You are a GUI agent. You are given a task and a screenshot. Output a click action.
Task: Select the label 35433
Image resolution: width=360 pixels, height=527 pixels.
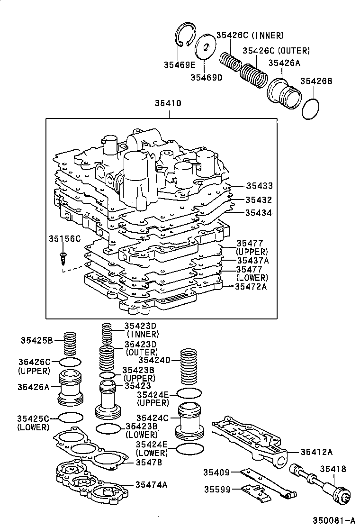[259, 186]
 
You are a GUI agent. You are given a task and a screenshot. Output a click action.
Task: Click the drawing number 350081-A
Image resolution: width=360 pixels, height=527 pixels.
[332, 520]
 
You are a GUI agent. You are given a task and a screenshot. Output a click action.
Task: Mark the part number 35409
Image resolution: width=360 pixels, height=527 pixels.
[217, 472]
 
